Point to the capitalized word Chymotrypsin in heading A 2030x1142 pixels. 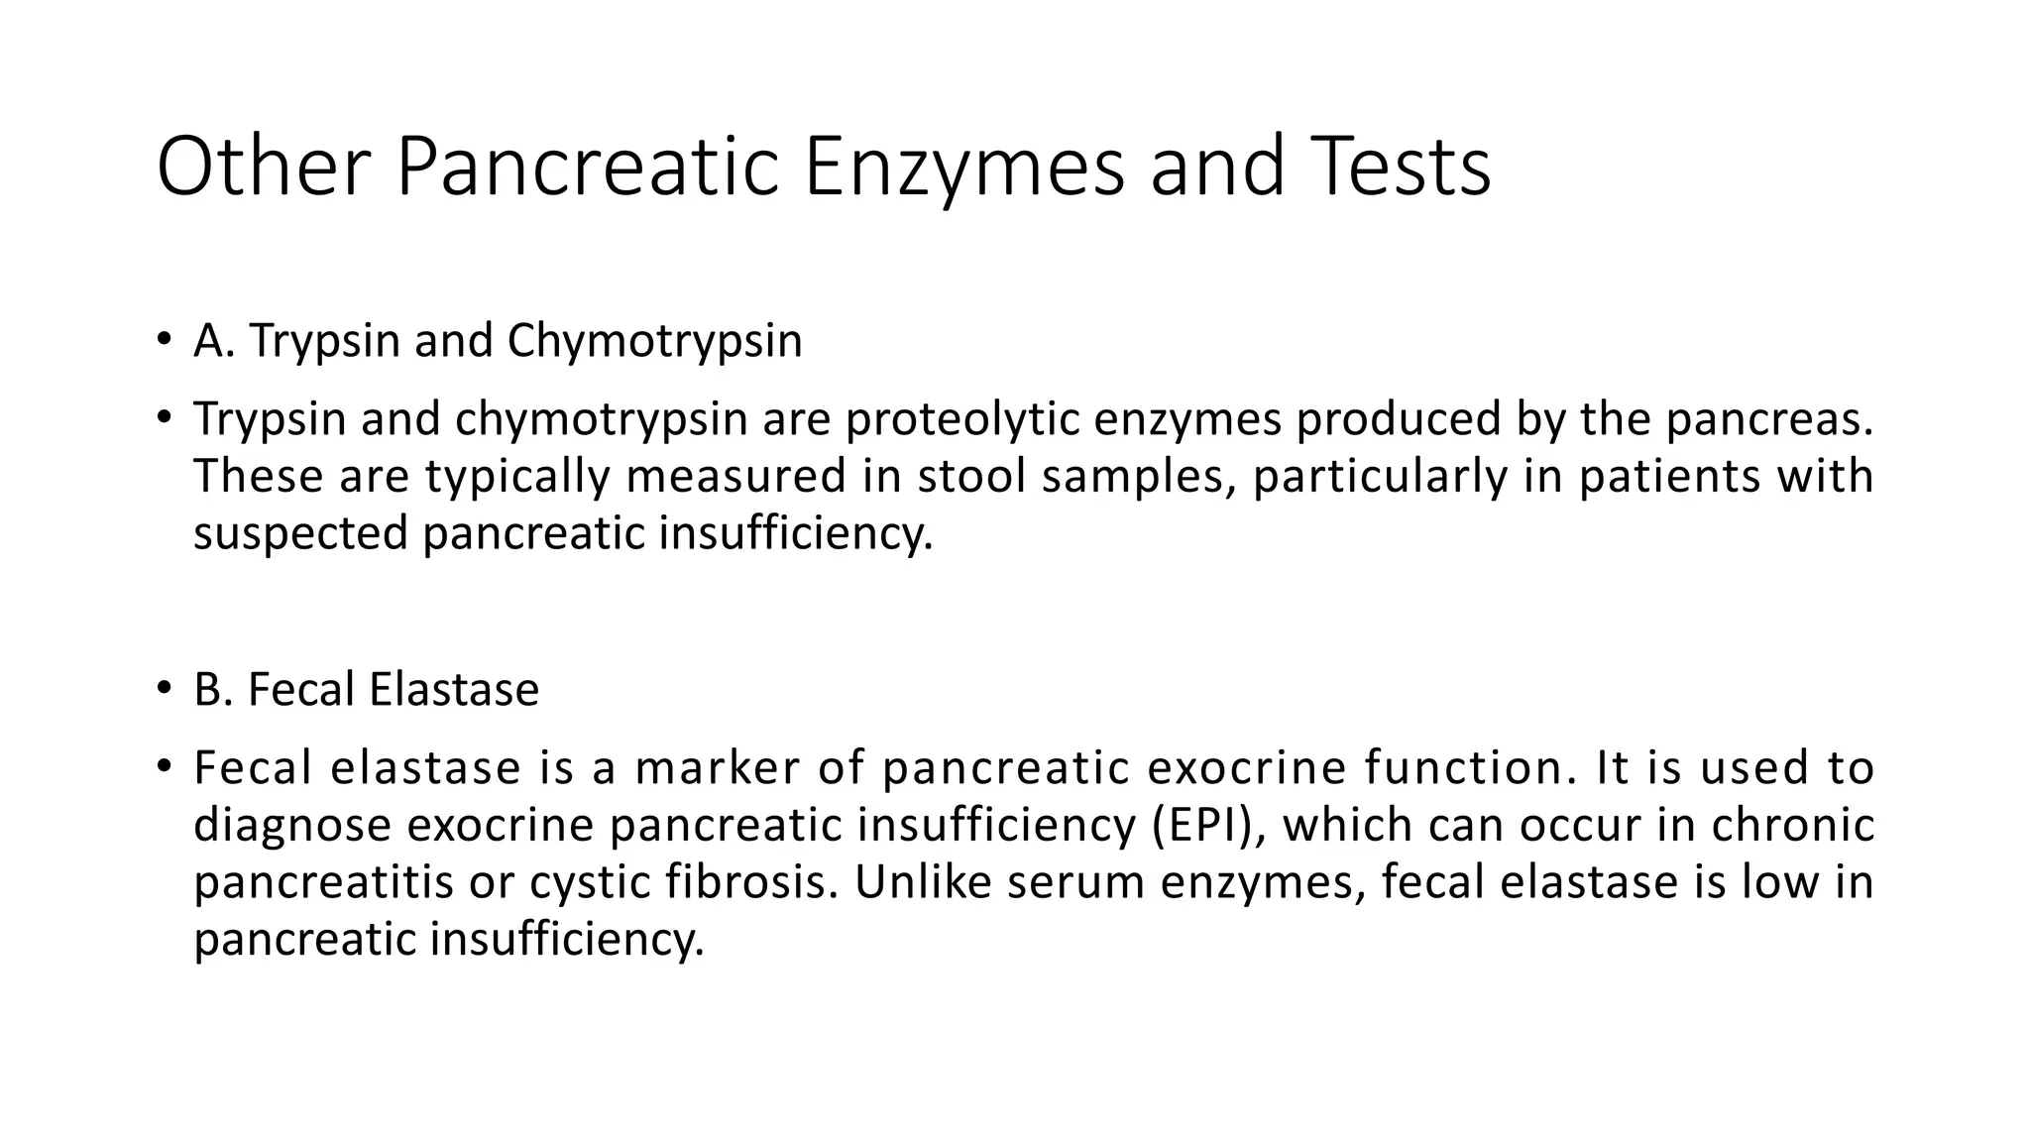654,341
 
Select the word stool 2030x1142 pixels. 971,476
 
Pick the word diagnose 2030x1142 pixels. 292,825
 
